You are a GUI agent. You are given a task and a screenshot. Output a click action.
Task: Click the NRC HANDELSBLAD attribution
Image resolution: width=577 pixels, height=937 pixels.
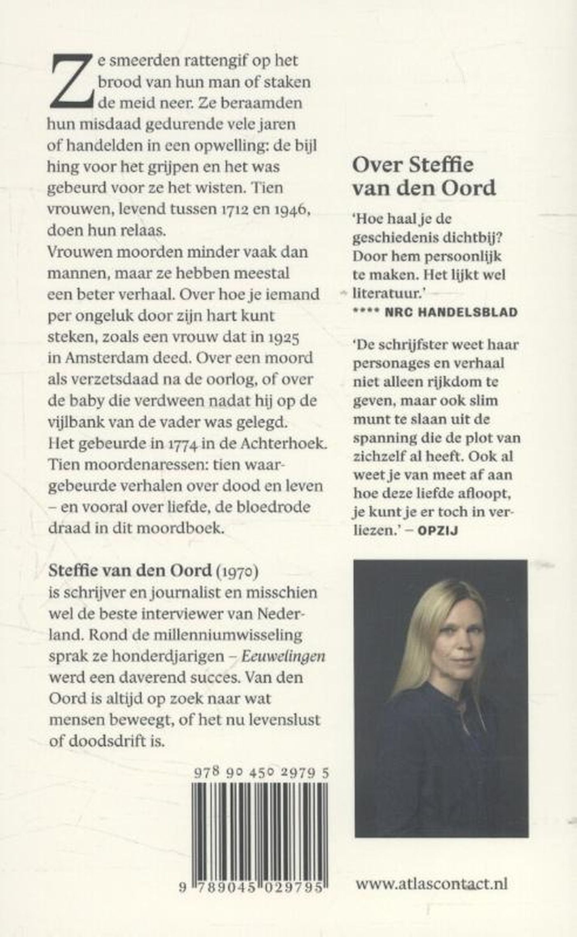click(x=450, y=312)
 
